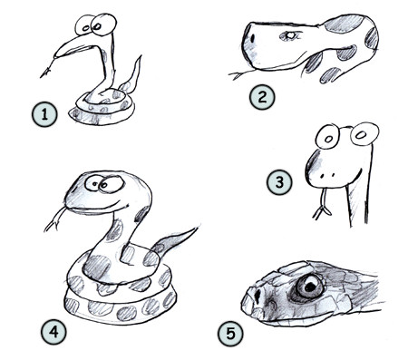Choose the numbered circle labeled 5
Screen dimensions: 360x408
(x=230, y=333)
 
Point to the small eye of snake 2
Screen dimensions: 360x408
(x=290, y=36)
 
